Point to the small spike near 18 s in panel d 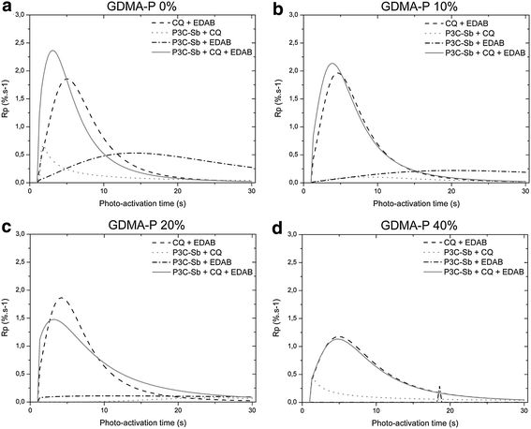(440, 387)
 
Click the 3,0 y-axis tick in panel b (289, 16)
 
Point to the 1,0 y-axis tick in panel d (289, 346)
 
